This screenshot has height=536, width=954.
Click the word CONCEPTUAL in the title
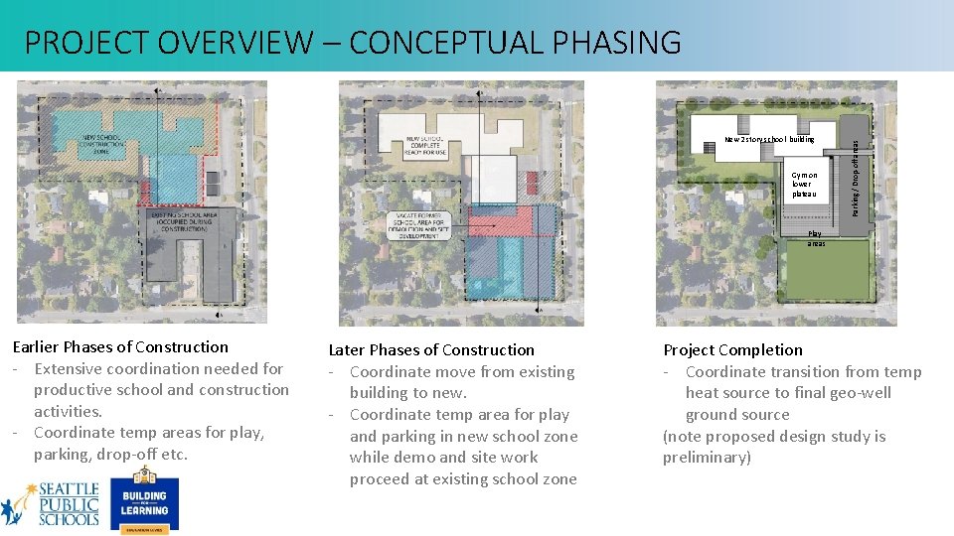[x=431, y=43]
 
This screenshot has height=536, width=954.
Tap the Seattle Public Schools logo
[x=51, y=503]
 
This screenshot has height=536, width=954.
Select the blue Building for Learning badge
[x=144, y=504]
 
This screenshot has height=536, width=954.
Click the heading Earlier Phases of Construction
[x=120, y=346]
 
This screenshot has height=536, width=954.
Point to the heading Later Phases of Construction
[x=431, y=349]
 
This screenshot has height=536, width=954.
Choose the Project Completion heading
[x=732, y=349]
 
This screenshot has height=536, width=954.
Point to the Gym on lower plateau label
[x=804, y=185]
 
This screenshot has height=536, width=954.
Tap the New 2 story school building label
[x=769, y=139]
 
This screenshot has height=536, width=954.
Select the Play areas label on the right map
[x=815, y=238]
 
